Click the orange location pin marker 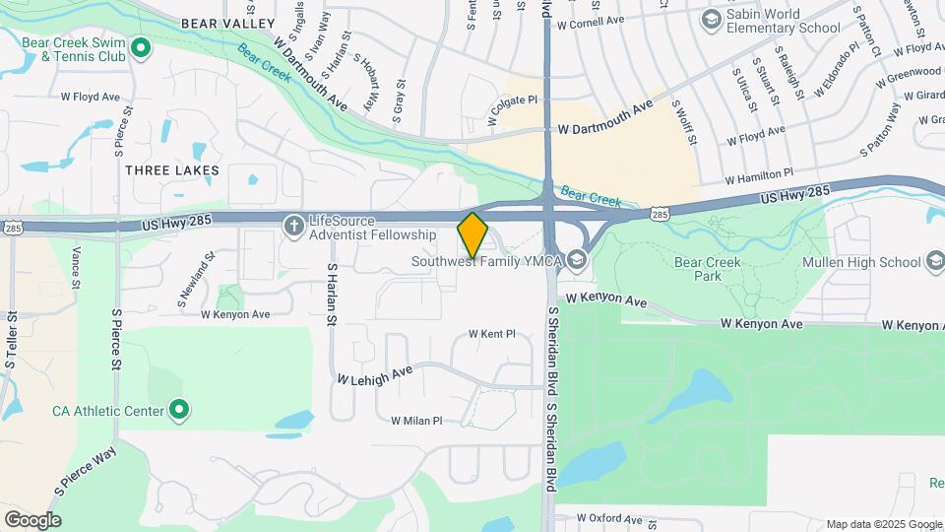click(x=473, y=235)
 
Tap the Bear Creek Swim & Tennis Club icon click(x=141, y=47)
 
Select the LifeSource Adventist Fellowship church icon click(x=293, y=227)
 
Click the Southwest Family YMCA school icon click(x=576, y=262)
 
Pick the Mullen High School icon click(x=935, y=262)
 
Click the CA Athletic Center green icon click(x=179, y=409)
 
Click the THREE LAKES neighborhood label click(x=172, y=170)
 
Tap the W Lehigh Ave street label click(x=374, y=374)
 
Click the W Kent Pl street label click(x=492, y=334)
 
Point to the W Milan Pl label click(x=416, y=421)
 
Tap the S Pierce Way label click(x=86, y=472)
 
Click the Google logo click(x=32, y=519)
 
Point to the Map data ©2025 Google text click(x=883, y=524)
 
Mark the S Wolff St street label click(x=684, y=122)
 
